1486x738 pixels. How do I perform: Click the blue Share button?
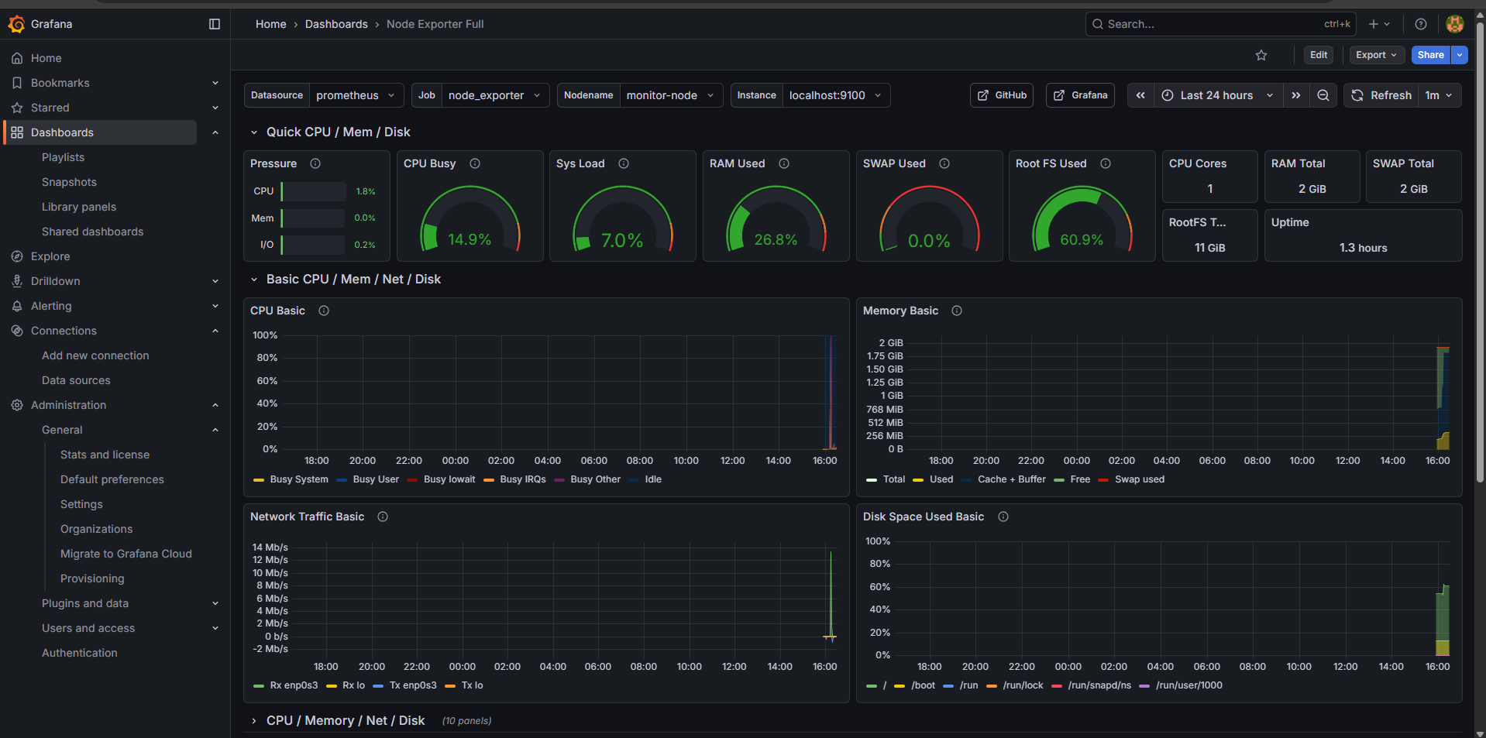[x=1430, y=55]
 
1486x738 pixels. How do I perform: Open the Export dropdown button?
[x=1376, y=55]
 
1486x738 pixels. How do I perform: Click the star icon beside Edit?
[x=1261, y=55]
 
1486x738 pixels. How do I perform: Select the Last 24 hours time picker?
[x=1216, y=95]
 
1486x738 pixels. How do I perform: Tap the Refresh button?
[x=1383, y=95]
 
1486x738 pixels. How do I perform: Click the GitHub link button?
[x=1002, y=95]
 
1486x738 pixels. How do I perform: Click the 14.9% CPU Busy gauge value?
[x=470, y=239]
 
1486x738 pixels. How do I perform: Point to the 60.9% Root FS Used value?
[x=1082, y=239]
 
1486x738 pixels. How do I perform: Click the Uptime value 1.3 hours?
[x=1363, y=248]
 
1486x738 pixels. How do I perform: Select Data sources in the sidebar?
[x=76, y=380]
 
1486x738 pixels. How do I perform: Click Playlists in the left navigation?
[x=63, y=157]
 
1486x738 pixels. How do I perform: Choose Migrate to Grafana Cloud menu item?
[x=126, y=554]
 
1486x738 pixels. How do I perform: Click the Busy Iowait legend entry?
[x=449, y=479]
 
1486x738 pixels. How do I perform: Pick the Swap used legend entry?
[x=1139, y=479]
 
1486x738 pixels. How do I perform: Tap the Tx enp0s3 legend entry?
[x=412, y=685]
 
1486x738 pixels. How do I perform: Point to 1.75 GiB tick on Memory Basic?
[x=885, y=356]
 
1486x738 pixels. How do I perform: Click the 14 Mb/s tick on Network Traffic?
[x=270, y=547]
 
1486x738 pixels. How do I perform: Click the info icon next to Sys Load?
[x=624, y=163]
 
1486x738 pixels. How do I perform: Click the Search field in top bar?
[x=1209, y=24]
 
